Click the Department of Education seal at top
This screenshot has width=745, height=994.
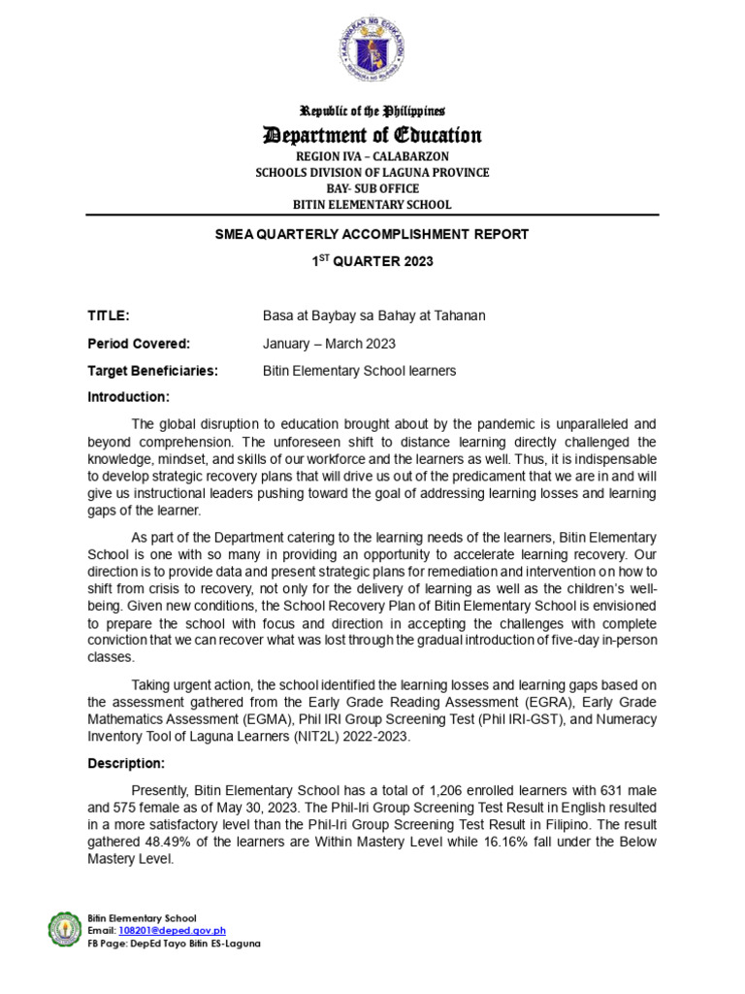[x=372, y=50]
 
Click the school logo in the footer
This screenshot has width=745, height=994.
[x=66, y=929]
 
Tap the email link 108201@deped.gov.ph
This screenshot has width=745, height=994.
[x=171, y=930]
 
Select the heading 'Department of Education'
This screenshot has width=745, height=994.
[x=372, y=135]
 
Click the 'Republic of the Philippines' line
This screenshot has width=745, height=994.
[x=372, y=112]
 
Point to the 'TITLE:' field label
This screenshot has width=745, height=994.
[x=108, y=315]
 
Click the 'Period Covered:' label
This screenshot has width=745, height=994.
[x=139, y=344]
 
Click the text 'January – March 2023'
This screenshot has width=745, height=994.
[x=329, y=344]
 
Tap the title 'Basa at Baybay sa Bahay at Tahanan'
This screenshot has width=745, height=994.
[x=373, y=315]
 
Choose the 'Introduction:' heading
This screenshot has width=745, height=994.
[x=128, y=397]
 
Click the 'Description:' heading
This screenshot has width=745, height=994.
[x=126, y=763]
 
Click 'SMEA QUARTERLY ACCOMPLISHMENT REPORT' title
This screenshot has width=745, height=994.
[x=372, y=235]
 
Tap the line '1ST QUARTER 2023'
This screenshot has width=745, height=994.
[x=372, y=261]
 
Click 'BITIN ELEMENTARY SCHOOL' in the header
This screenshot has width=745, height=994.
[x=372, y=204]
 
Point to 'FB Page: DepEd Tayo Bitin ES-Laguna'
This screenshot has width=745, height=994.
[x=174, y=943]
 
